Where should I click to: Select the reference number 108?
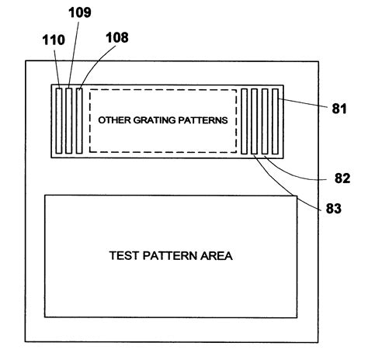117,36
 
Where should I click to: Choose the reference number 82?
342,178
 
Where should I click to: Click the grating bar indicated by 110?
59,120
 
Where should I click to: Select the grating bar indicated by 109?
69,120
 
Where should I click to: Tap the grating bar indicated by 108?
78,120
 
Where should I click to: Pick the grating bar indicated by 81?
275,120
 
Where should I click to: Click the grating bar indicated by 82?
265,120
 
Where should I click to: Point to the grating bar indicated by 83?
255,120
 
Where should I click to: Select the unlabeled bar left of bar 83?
245,120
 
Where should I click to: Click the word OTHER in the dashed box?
114,121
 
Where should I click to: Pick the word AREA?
217,254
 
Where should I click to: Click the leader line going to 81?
303,104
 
